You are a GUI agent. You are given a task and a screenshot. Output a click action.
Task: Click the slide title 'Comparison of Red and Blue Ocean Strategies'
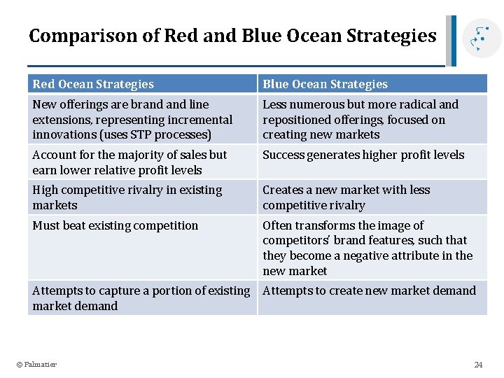(232, 36)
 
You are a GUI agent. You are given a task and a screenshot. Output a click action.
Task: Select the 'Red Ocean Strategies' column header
(93, 84)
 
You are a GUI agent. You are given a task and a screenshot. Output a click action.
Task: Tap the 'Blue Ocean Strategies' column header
(325, 84)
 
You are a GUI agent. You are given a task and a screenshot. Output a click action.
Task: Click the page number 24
(478, 364)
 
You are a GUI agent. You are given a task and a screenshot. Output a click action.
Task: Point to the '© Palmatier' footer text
(36, 364)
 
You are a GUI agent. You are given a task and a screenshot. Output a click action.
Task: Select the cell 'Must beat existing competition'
(115, 225)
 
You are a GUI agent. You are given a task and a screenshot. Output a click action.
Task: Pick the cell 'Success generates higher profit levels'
(363, 155)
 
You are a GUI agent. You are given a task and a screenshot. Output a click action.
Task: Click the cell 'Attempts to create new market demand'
(369, 290)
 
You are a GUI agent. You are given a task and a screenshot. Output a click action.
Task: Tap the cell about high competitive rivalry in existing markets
(127, 197)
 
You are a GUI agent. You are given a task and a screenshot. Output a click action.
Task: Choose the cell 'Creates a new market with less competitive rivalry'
(346, 197)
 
